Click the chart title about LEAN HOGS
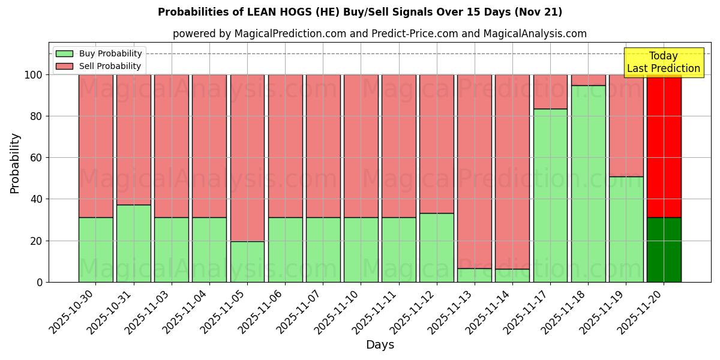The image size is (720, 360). (x=360, y=12)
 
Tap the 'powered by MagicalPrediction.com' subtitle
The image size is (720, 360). (x=380, y=34)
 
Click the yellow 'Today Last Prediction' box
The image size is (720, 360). (x=664, y=62)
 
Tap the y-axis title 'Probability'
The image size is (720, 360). (x=15, y=163)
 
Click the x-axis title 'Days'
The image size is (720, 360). (x=380, y=344)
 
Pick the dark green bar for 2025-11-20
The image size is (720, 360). (x=664, y=250)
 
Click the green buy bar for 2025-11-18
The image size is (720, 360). (x=588, y=184)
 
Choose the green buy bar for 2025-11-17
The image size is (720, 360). (x=550, y=195)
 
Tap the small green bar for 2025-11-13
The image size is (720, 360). (x=475, y=275)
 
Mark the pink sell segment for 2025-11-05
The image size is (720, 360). (x=247, y=158)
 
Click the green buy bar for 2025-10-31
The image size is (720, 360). (x=133, y=243)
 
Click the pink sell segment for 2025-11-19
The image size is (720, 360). (x=626, y=125)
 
